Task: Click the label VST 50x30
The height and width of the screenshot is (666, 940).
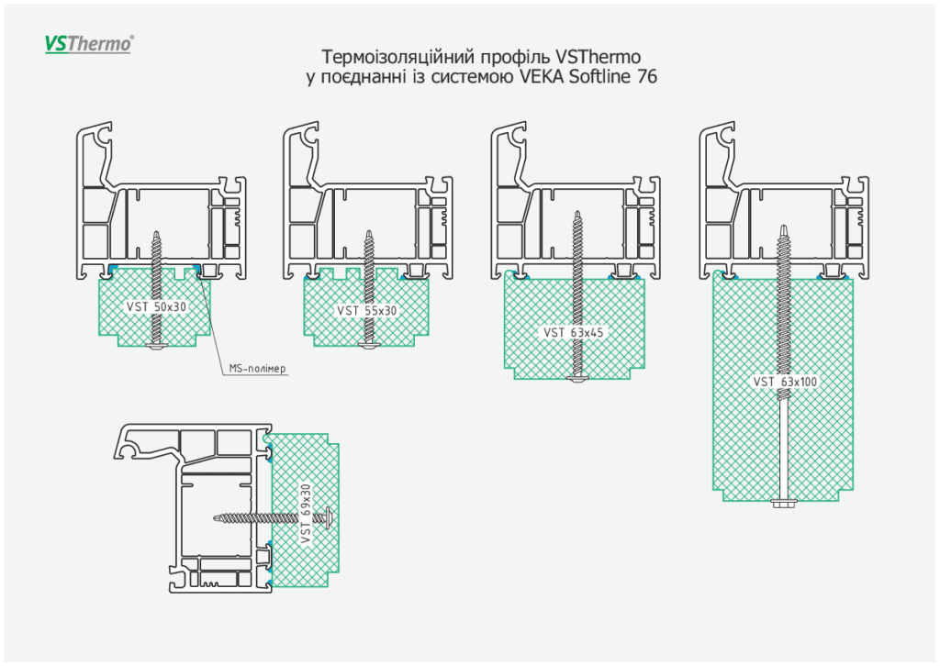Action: tap(155, 306)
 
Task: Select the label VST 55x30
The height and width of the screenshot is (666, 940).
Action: tap(366, 311)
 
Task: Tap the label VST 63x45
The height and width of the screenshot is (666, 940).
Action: tap(574, 332)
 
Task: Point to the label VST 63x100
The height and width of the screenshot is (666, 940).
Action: tap(785, 382)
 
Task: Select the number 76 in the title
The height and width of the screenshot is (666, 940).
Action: tap(646, 77)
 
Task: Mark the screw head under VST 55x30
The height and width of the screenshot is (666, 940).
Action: tap(369, 345)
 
